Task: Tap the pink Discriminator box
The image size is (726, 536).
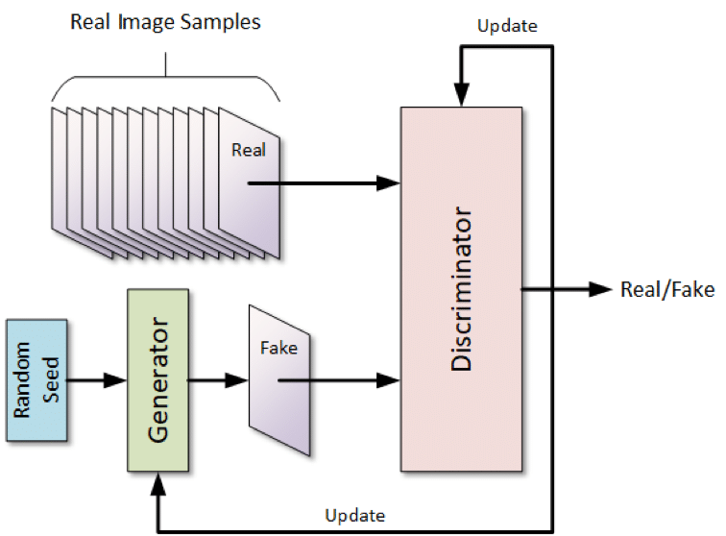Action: tap(462, 288)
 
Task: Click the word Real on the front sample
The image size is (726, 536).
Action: tap(248, 151)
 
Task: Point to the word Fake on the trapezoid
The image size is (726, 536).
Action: tap(278, 348)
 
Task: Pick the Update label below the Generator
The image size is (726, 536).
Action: tap(356, 515)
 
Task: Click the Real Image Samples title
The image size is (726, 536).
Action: tap(165, 22)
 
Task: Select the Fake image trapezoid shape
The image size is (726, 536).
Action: tap(278, 379)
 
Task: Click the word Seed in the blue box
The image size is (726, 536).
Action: tap(53, 378)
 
